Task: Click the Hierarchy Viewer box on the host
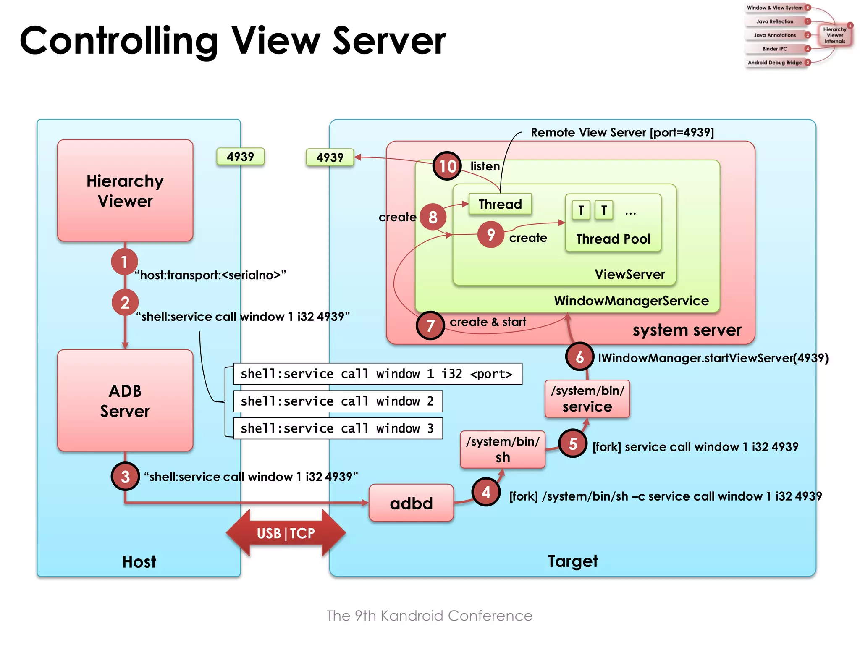(x=125, y=191)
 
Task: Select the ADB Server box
(x=125, y=401)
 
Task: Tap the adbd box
(x=411, y=503)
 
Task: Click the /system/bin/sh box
(x=503, y=449)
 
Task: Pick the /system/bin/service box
(x=587, y=399)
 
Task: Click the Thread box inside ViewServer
(x=500, y=204)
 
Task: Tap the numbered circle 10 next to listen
(x=447, y=166)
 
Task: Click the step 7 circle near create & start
(x=430, y=325)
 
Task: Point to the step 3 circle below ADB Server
(x=125, y=477)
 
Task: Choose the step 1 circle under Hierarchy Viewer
(x=124, y=262)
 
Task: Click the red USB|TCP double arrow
(x=286, y=533)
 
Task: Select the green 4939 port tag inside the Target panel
(x=330, y=157)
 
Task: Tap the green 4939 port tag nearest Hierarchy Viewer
(x=240, y=157)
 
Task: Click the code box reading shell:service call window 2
(x=338, y=401)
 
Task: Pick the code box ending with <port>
(x=378, y=374)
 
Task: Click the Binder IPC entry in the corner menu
(x=775, y=49)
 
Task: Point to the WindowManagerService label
(x=631, y=301)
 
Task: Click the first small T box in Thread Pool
(x=581, y=210)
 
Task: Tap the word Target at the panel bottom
(x=573, y=561)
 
